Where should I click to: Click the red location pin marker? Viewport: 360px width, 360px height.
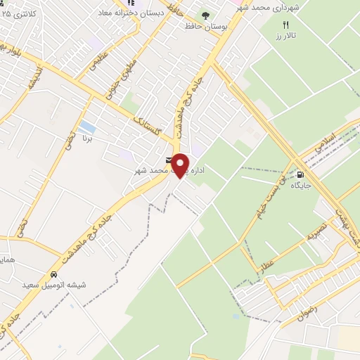tap(181, 165)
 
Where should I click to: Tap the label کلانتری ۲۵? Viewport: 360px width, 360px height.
tap(20, 13)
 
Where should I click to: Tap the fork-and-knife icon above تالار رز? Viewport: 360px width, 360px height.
tap(285, 25)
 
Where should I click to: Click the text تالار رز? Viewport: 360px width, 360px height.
tap(285, 35)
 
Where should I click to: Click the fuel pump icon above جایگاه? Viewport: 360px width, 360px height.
tap(301, 175)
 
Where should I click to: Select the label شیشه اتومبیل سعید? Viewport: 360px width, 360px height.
tap(54, 285)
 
